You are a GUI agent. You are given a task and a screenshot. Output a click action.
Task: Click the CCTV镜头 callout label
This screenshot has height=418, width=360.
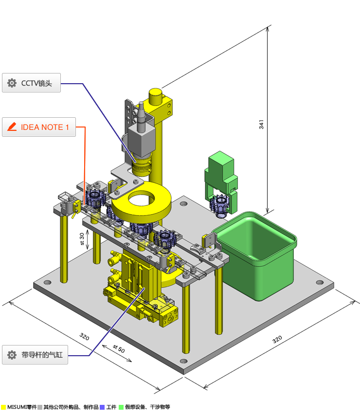[x=32, y=83]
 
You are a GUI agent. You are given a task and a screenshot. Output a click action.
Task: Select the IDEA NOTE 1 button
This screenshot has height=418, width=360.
[x=39, y=127]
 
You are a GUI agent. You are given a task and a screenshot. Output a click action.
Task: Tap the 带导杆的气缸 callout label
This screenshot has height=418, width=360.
[x=35, y=355]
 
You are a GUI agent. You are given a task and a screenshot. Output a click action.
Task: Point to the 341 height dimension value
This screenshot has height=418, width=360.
[x=261, y=124]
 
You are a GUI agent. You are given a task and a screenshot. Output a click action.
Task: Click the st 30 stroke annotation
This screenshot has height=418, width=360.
[x=82, y=239]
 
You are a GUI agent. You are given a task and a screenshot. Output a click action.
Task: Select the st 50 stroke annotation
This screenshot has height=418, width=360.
[x=119, y=348]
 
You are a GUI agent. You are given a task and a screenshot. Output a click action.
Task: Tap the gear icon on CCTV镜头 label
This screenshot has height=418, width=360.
[x=12, y=83]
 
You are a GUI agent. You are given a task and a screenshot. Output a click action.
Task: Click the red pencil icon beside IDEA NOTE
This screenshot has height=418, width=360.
[x=12, y=127]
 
